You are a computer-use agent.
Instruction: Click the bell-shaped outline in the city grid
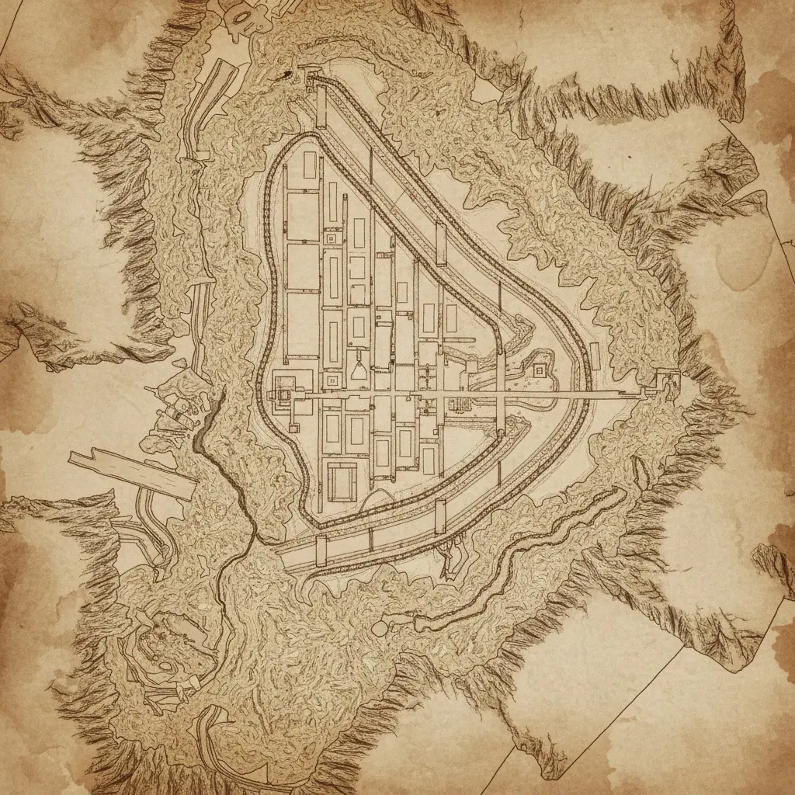[359, 365]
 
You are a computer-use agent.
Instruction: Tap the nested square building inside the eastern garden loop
[538, 371]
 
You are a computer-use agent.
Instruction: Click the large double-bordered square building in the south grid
[342, 481]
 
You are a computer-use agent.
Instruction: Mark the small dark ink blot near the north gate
[289, 75]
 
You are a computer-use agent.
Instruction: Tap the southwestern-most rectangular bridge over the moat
[321, 550]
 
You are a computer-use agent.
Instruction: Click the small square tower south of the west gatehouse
[295, 425]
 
